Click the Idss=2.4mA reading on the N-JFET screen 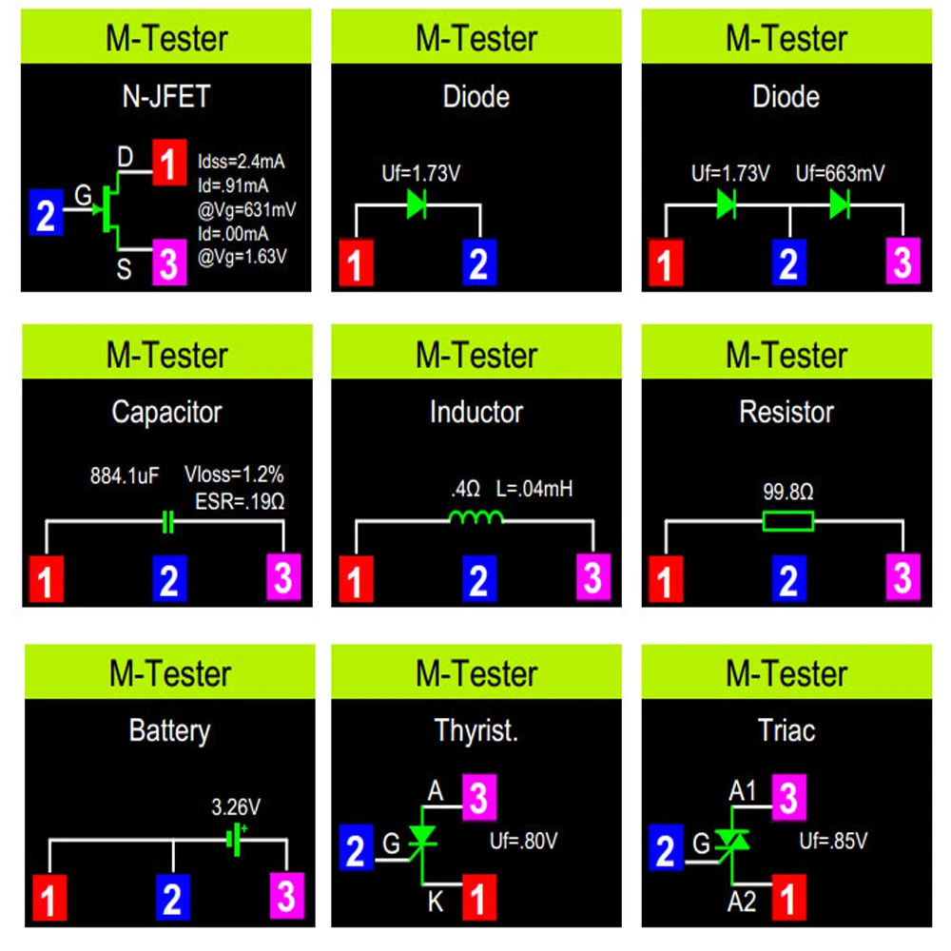pos(242,161)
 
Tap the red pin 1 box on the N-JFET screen pos(167,166)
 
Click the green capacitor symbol pos(168,521)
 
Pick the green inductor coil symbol pos(475,517)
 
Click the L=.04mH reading pos(534,491)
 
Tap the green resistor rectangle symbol pos(787,521)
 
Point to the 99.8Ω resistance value pos(787,493)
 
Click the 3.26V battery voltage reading pos(235,808)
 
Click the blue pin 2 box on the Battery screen pos(171,898)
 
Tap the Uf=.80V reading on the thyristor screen pos(524,841)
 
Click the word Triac pos(786,731)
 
